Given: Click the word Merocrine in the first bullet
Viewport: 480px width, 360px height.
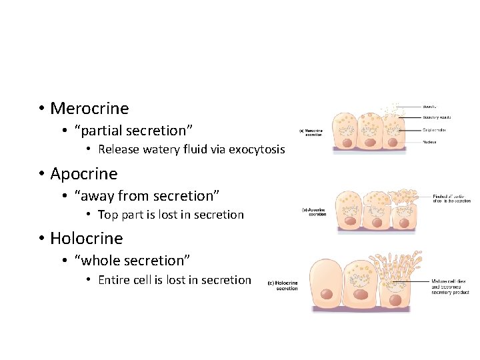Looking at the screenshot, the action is (89, 108).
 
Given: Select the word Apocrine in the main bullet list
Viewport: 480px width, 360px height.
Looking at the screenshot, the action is (83, 174).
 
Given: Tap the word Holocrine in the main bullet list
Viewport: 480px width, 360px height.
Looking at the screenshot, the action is (87, 239).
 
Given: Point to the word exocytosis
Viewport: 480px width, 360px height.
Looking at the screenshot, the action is (257, 149).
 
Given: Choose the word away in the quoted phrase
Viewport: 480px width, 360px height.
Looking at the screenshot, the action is (97, 196).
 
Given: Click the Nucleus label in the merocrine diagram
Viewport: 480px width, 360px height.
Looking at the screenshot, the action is (429, 142).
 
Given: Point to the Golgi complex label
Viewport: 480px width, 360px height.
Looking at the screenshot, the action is (434, 130).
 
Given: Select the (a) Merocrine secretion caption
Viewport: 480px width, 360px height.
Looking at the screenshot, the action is (311, 132).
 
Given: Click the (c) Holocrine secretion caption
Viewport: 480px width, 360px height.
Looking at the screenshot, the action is (283, 285).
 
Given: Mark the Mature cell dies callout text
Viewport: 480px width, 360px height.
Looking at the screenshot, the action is (450, 287).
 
